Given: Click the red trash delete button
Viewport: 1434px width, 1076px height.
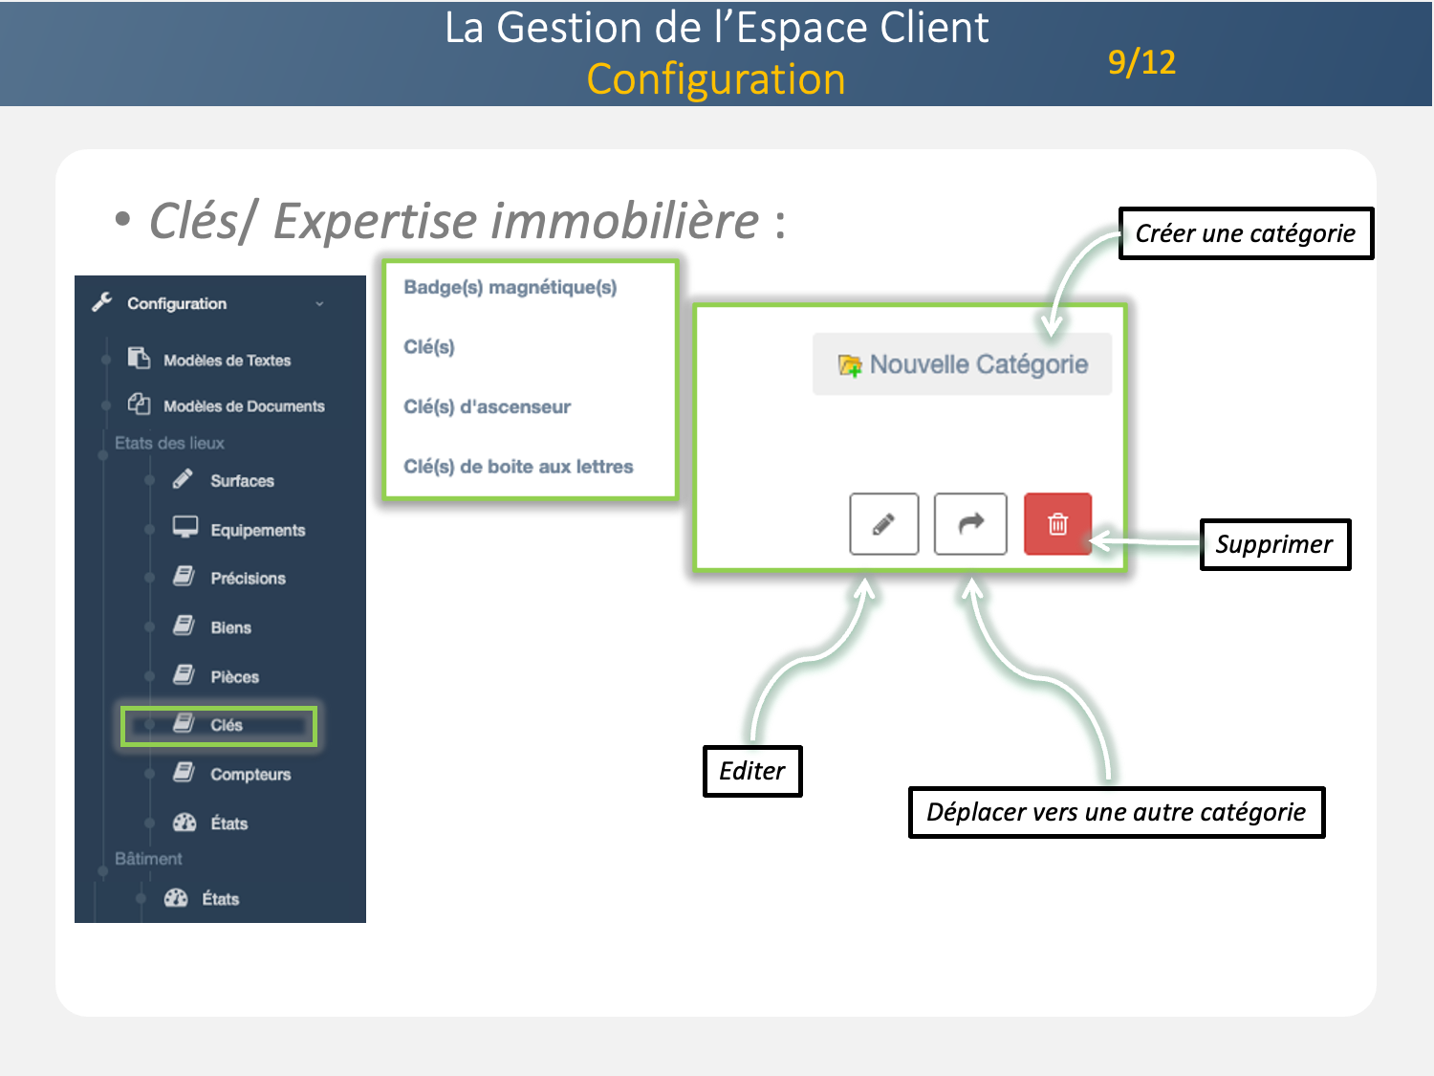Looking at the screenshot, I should (1057, 524).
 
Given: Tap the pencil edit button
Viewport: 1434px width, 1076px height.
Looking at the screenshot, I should (883, 524).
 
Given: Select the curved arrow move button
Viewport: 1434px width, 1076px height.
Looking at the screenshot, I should (970, 524).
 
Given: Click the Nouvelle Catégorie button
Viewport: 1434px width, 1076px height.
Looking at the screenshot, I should (963, 364).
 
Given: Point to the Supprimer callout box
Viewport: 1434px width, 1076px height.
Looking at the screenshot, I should (1274, 544).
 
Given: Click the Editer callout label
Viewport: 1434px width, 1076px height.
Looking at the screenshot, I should (752, 771).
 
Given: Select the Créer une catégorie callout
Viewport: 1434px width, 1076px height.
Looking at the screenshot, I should (1246, 233).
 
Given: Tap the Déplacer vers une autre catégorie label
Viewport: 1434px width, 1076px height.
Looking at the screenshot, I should (1116, 812).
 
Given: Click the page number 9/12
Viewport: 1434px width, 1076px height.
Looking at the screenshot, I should (1141, 62).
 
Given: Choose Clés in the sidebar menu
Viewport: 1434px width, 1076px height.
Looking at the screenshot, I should (226, 725).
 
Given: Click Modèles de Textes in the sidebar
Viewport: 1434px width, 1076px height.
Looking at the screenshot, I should (227, 361).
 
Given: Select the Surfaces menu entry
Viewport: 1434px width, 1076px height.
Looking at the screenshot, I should (242, 481).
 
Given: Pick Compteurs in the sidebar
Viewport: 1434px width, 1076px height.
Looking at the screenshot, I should (250, 775).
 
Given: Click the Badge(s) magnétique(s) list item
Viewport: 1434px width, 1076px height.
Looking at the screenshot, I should (511, 287).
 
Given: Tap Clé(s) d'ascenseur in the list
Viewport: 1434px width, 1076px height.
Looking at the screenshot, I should (488, 406).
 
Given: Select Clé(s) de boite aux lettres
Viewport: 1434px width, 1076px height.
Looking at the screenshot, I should (518, 467).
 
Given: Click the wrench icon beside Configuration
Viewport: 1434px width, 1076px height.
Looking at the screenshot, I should (102, 302).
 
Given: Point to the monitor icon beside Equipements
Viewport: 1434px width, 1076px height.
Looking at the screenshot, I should (185, 528).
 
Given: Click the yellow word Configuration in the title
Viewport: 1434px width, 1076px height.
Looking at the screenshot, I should (716, 79).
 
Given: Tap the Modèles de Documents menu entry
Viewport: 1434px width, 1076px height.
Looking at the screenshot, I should (244, 406).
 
